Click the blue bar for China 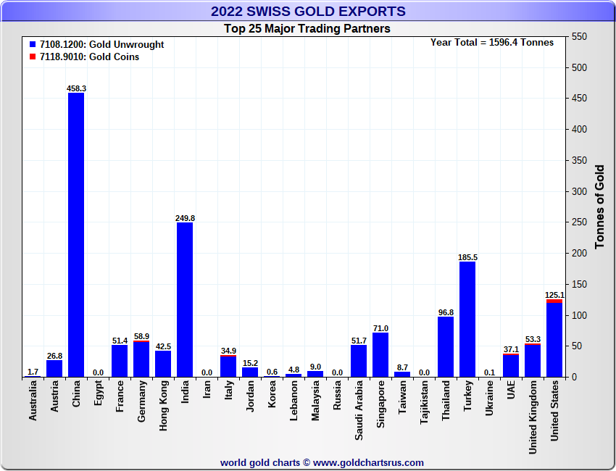(x=76, y=235)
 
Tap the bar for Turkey (x=467, y=319)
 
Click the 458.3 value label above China (x=76, y=88)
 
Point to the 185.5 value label (x=467, y=257)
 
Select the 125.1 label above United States (x=554, y=295)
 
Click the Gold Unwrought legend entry (x=97, y=44)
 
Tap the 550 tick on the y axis (x=578, y=36)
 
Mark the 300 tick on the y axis (x=578, y=191)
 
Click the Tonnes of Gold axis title (x=599, y=207)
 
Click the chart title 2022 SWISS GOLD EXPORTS (x=308, y=11)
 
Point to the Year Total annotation (x=492, y=42)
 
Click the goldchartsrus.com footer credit (x=322, y=462)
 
